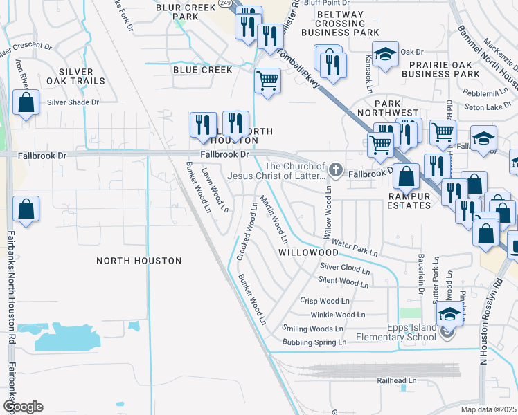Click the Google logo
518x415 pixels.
tap(23, 406)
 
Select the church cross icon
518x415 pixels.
tap(336, 169)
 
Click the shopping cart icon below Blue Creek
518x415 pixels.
tap(267, 81)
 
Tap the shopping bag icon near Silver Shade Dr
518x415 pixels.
tap(26, 104)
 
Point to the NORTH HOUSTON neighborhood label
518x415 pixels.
tap(139, 261)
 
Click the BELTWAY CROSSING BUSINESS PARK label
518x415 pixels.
tap(347, 23)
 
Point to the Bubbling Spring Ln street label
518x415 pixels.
tap(314, 342)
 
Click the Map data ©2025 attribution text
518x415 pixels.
tap(489, 409)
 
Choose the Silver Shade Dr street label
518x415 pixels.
tap(73, 102)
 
